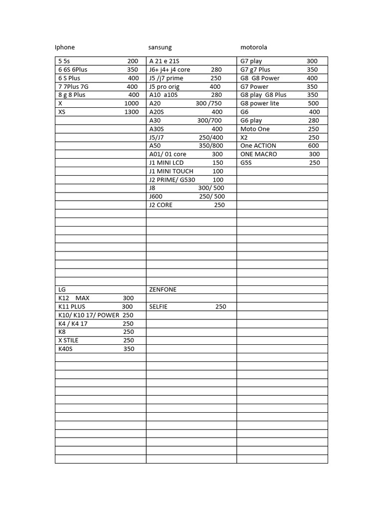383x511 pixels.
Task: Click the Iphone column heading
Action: point(65,47)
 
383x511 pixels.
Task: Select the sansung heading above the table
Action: point(160,47)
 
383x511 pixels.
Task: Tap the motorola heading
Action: point(254,47)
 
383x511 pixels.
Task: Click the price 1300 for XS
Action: point(132,112)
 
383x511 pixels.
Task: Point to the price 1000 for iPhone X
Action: point(132,104)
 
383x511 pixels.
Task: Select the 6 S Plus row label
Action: point(69,78)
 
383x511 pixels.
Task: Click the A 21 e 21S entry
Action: point(164,61)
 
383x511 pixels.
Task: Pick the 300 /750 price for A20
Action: point(209,104)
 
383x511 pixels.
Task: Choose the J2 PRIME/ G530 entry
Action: point(172,180)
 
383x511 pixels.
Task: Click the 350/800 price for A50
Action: point(211,146)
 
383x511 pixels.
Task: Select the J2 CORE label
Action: point(161,205)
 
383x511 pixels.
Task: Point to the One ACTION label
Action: point(258,146)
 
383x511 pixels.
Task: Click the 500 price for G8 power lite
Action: point(313,104)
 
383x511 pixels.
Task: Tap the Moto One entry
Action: point(255,129)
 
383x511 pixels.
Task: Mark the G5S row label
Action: point(246,163)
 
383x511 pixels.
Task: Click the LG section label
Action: point(62,290)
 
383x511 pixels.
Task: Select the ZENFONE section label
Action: point(163,290)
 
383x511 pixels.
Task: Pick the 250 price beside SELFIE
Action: point(220,307)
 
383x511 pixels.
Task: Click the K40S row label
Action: point(65,349)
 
